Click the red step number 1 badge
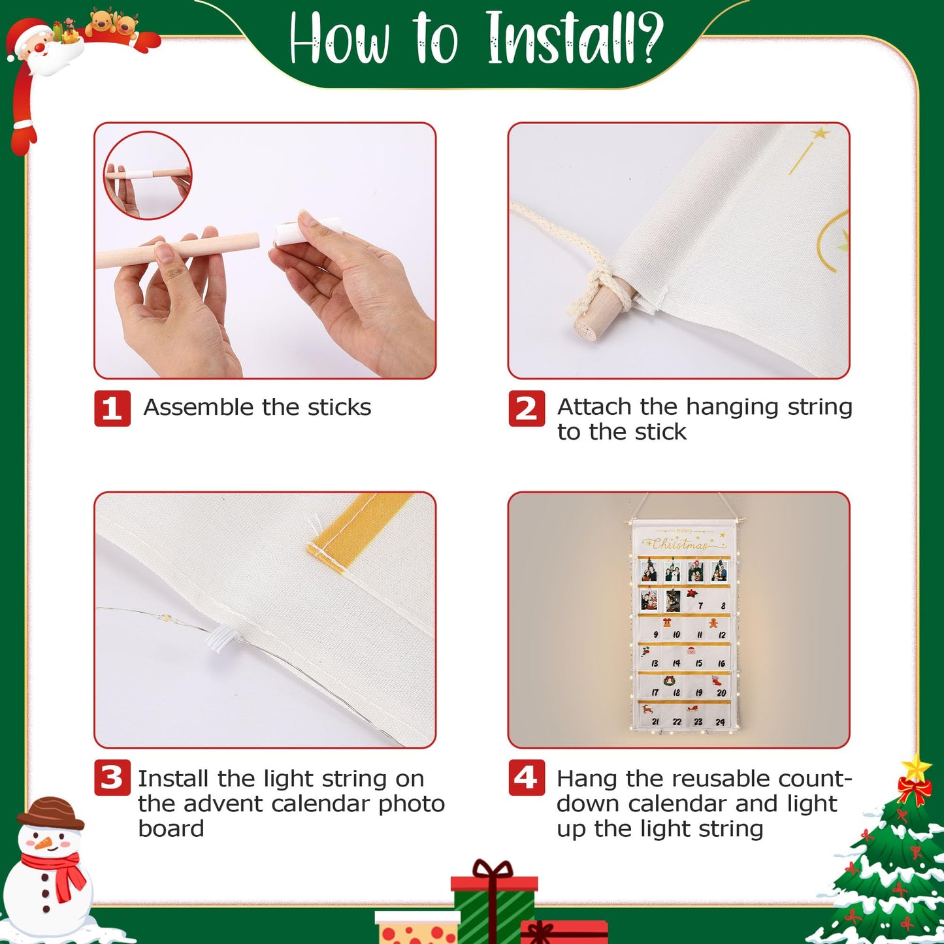[x=112, y=408]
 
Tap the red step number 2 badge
[x=527, y=408]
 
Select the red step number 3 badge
[x=112, y=777]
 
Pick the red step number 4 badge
[x=527, y=777]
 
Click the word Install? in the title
[x=575, y=38]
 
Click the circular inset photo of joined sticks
[x=148, y=175]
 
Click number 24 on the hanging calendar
[x=720, y=722]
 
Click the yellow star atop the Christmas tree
[x=915, y=768]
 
